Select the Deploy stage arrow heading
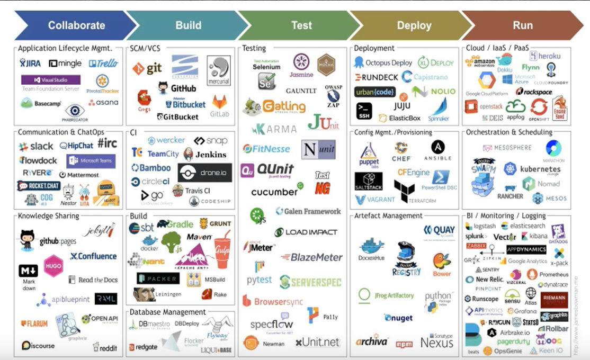[414, 25]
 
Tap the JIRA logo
[30, 64]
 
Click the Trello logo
[103, 64]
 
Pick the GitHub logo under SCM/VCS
[177, 88]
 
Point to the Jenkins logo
[205, 154]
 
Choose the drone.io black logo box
[205, 173]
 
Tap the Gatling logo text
[284, 106]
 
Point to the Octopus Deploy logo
[383, 62]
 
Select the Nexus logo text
[437, 342]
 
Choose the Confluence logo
[93, 256]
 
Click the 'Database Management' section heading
[168, 312]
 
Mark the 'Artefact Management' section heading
[388, 216]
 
